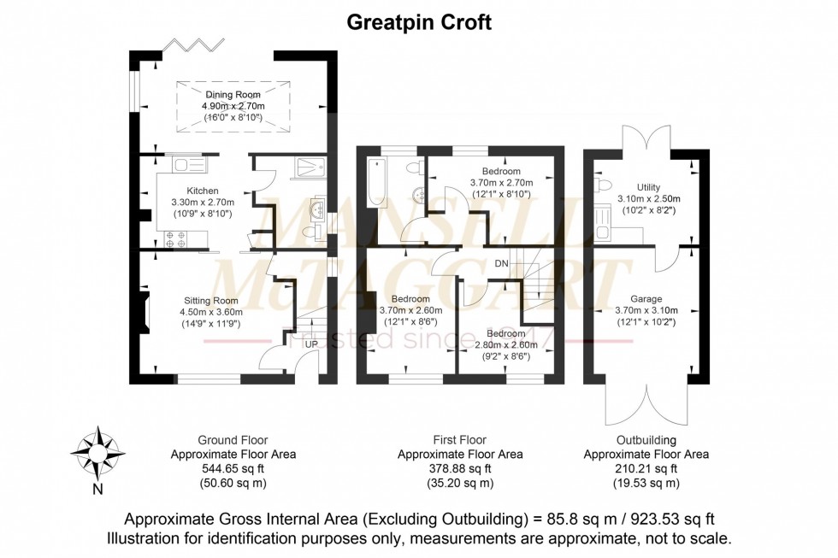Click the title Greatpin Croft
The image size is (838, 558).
tap(418, 22)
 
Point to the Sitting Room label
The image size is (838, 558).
tap(210, 301)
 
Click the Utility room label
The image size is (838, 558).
tap(648, 187)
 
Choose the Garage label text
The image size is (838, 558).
tap(646, 299)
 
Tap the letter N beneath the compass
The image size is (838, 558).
tap(97, 490)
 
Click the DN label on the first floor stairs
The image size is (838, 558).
tap(502, 263)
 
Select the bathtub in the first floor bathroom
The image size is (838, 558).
tap(375, 182)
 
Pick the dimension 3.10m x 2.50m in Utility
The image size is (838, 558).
tap(648, 199)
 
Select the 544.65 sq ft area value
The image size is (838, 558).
tap(233, 468)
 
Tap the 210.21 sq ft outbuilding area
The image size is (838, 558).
tap(646, 468)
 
